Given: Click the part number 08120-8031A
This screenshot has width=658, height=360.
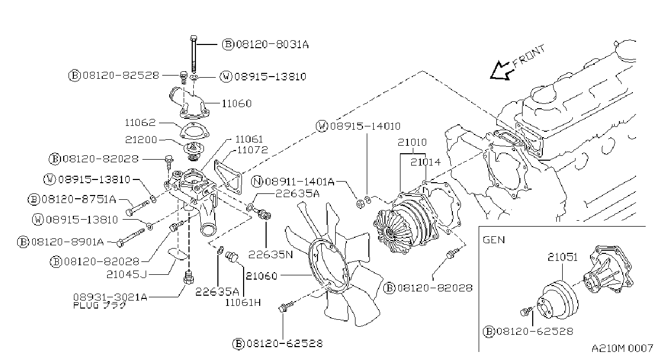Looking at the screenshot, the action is pyautogui.click(x=273, y=44).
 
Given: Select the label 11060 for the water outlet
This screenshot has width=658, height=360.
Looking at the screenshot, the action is pyautogui.click(x=237, y=103).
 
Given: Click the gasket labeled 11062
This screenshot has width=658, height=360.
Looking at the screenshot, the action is pyautogui.click(x=194, y=131).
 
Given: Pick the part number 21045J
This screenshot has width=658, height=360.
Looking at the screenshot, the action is pyautogui.click(x=126, y=274).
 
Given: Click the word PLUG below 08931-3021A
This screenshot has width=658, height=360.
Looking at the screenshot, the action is pyautogui.click(x=86, y=305).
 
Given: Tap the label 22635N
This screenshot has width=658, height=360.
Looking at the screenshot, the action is pyautogui.click(x=270, y=254).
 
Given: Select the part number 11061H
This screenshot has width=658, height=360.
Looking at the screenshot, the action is pyautogui.click(x=243, y=302).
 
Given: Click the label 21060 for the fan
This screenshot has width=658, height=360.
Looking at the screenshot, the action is pyautogui.click(x=261, y=276).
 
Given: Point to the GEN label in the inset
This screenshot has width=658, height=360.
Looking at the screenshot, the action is pyautogui.click(x=494, y=240).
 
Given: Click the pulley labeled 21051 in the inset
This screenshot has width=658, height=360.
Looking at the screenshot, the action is pyautogui.click(x=557, y=301).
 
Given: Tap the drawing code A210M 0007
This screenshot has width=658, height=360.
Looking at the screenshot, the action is pyautogui.click(x=622, y=348).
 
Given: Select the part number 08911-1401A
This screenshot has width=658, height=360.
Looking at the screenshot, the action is pyautogui.click(x=300, y=182).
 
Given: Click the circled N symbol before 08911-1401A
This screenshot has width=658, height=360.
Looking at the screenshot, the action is pyautogui.click(x=257, y=182).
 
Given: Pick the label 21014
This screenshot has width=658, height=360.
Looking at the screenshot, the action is pyautogui.click(x=425, y=162).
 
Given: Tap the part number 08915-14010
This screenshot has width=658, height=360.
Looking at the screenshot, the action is pyautogui.click(x=365, y=126).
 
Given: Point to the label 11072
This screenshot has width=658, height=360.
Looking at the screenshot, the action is pyautogui.click(x=252, y=150).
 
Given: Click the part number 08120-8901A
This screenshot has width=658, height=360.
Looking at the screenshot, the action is pyautogui.click(x=67, y=242).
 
